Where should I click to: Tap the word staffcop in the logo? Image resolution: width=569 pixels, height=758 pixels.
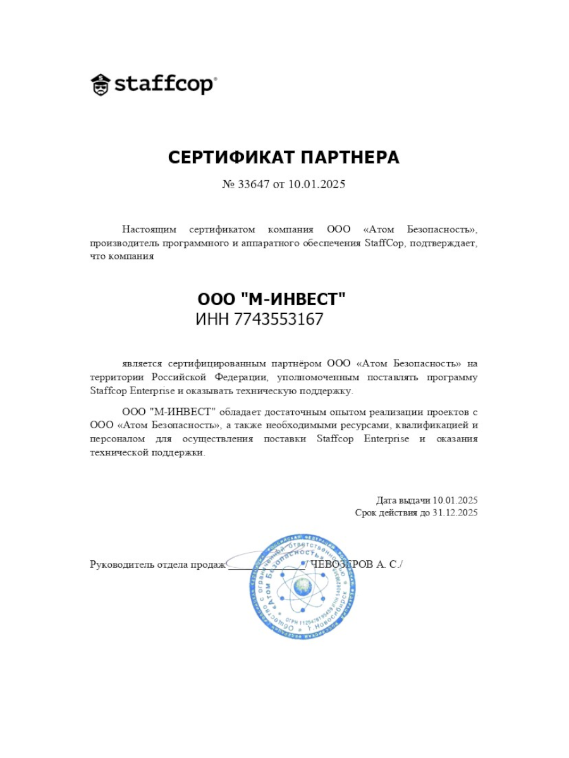click(x=164, y=85)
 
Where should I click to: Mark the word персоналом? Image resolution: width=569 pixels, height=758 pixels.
click(x=118, y=439)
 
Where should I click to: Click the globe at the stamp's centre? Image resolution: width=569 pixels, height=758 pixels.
click(x=302, y=588)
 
